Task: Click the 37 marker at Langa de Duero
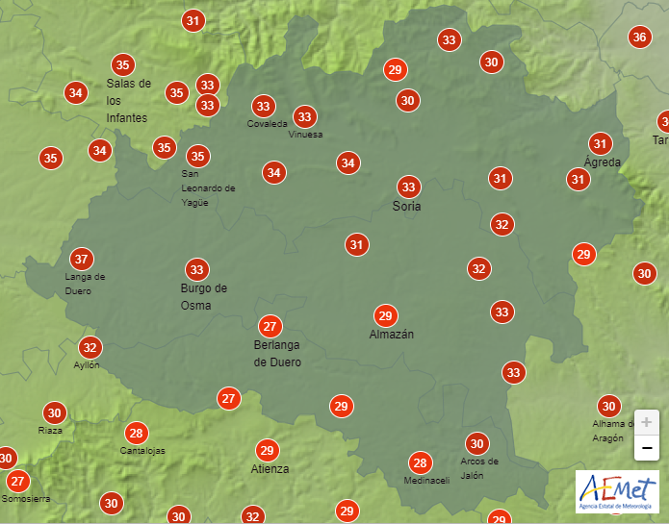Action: point(82,259)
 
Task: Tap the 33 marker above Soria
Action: point(409,187)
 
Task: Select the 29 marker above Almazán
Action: point(385,315)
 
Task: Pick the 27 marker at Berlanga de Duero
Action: point(270,326)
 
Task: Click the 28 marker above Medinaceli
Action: point(420,462)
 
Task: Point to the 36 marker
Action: point(639,37)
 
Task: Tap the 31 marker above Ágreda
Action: point(601,144)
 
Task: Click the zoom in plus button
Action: point(647,422)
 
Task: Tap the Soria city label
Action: point(407,207)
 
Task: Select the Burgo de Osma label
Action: point(203,297)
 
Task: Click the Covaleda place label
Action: point(267,124)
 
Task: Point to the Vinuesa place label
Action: point(305,135)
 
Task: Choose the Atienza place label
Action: point(270,469)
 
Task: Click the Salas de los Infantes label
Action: point(128,100)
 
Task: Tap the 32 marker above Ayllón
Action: point(90,347)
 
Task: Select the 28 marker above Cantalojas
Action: point(136,433)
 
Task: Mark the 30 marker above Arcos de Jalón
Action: point(476,443)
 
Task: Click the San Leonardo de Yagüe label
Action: point(208,188)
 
